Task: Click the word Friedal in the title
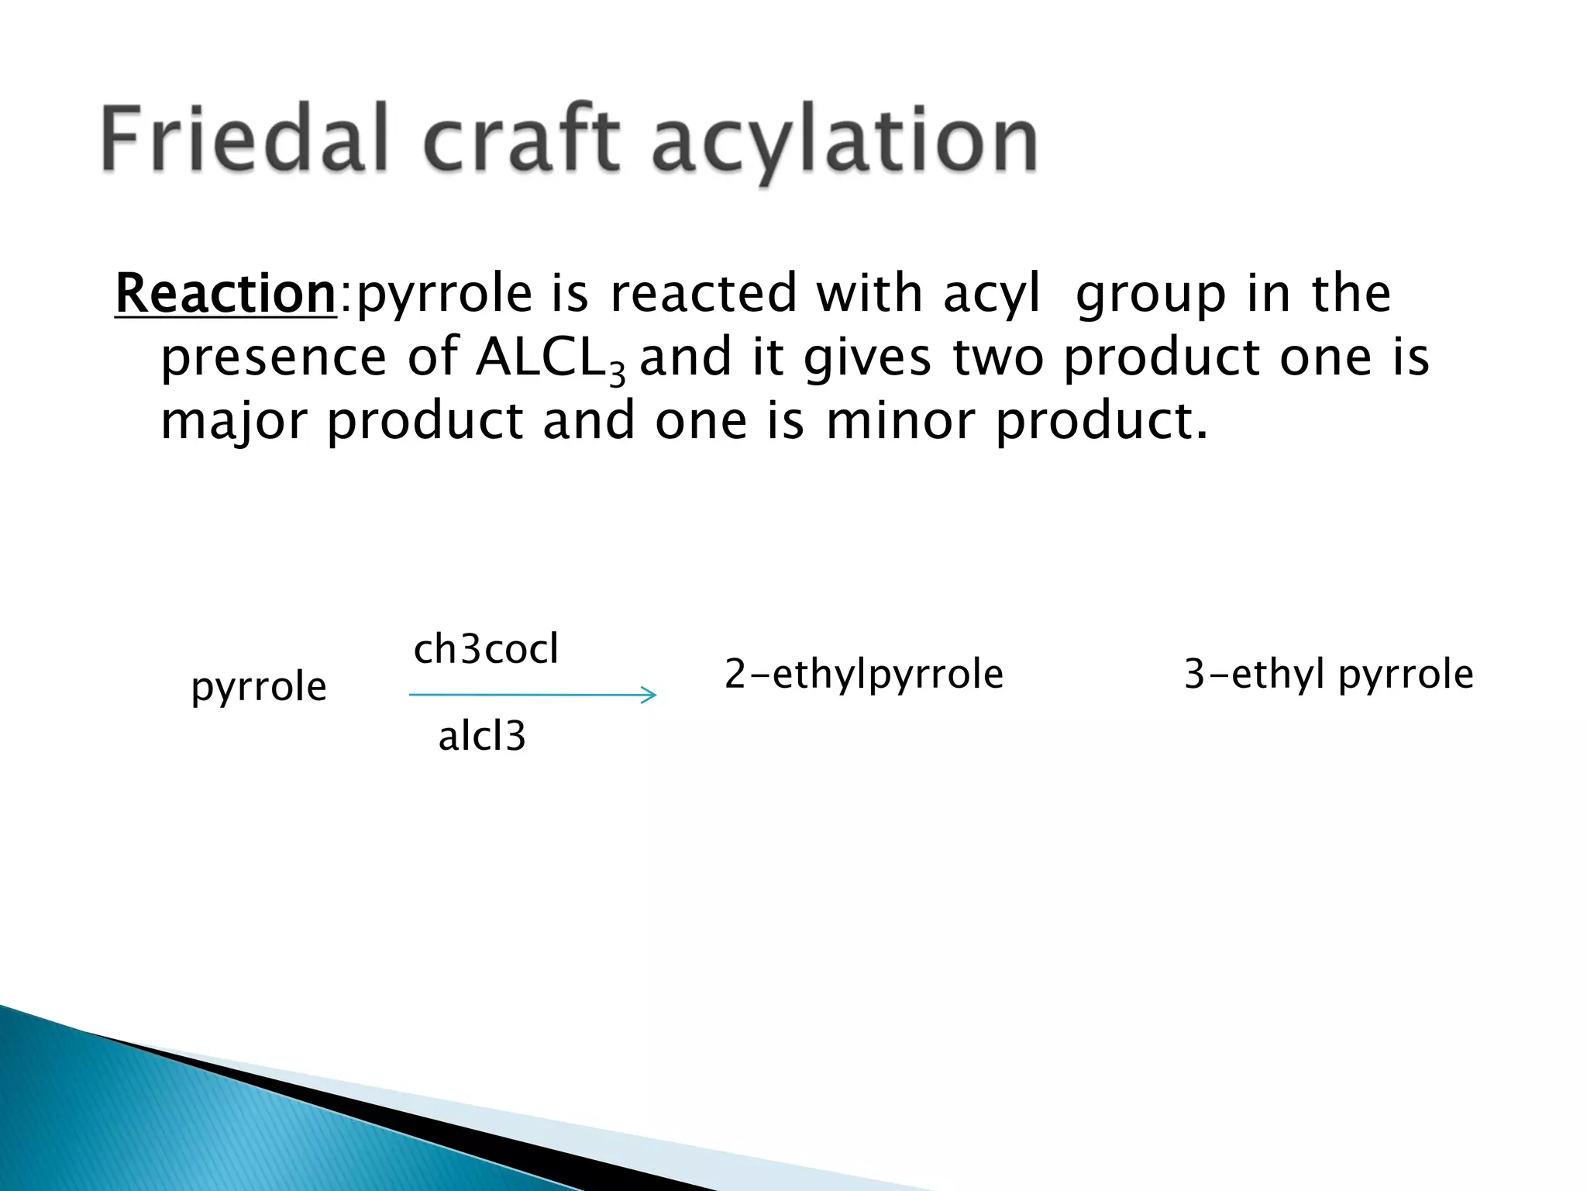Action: tap(245, 140)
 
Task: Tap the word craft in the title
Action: tap(523, 140)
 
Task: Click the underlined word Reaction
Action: tap(225, 293)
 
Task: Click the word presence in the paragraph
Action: tap(273, 359)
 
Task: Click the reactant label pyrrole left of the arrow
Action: tap(259, 687)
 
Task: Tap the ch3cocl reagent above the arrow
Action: tap(486, 649)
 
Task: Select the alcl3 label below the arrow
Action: tap(482, 736)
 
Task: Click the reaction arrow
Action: tap(532, 695)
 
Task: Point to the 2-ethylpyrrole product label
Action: tap(864, 674)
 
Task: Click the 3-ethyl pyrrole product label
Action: tap(1328, 674)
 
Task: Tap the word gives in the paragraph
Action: tap(867, 359)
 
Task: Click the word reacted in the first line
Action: tap(704, 294)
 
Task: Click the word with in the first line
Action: tap(869, 293)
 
